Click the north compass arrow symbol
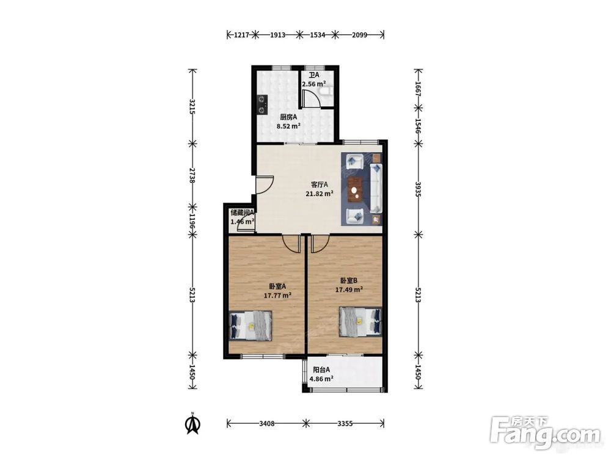tap(192, 423)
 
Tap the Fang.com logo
tap(545, 433)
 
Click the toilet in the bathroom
tap(326, 91)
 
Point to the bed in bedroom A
tap(250, 326)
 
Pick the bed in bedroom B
tap(360, 322)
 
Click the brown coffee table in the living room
tap(355, 190)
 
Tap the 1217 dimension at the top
tap(241, 35)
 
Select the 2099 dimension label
tap(359, 35)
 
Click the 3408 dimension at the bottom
tap(266, 423)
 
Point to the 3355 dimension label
tap(345, 423)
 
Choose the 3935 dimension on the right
tap(418, 189)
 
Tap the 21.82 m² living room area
tap(320, 193)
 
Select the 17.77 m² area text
tap(278, 295)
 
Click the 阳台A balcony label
tap(321, 369)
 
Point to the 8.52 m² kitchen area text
tap(288, 126)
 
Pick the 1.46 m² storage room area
tap(243, 222)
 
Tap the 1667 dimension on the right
tap(418, 89)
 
